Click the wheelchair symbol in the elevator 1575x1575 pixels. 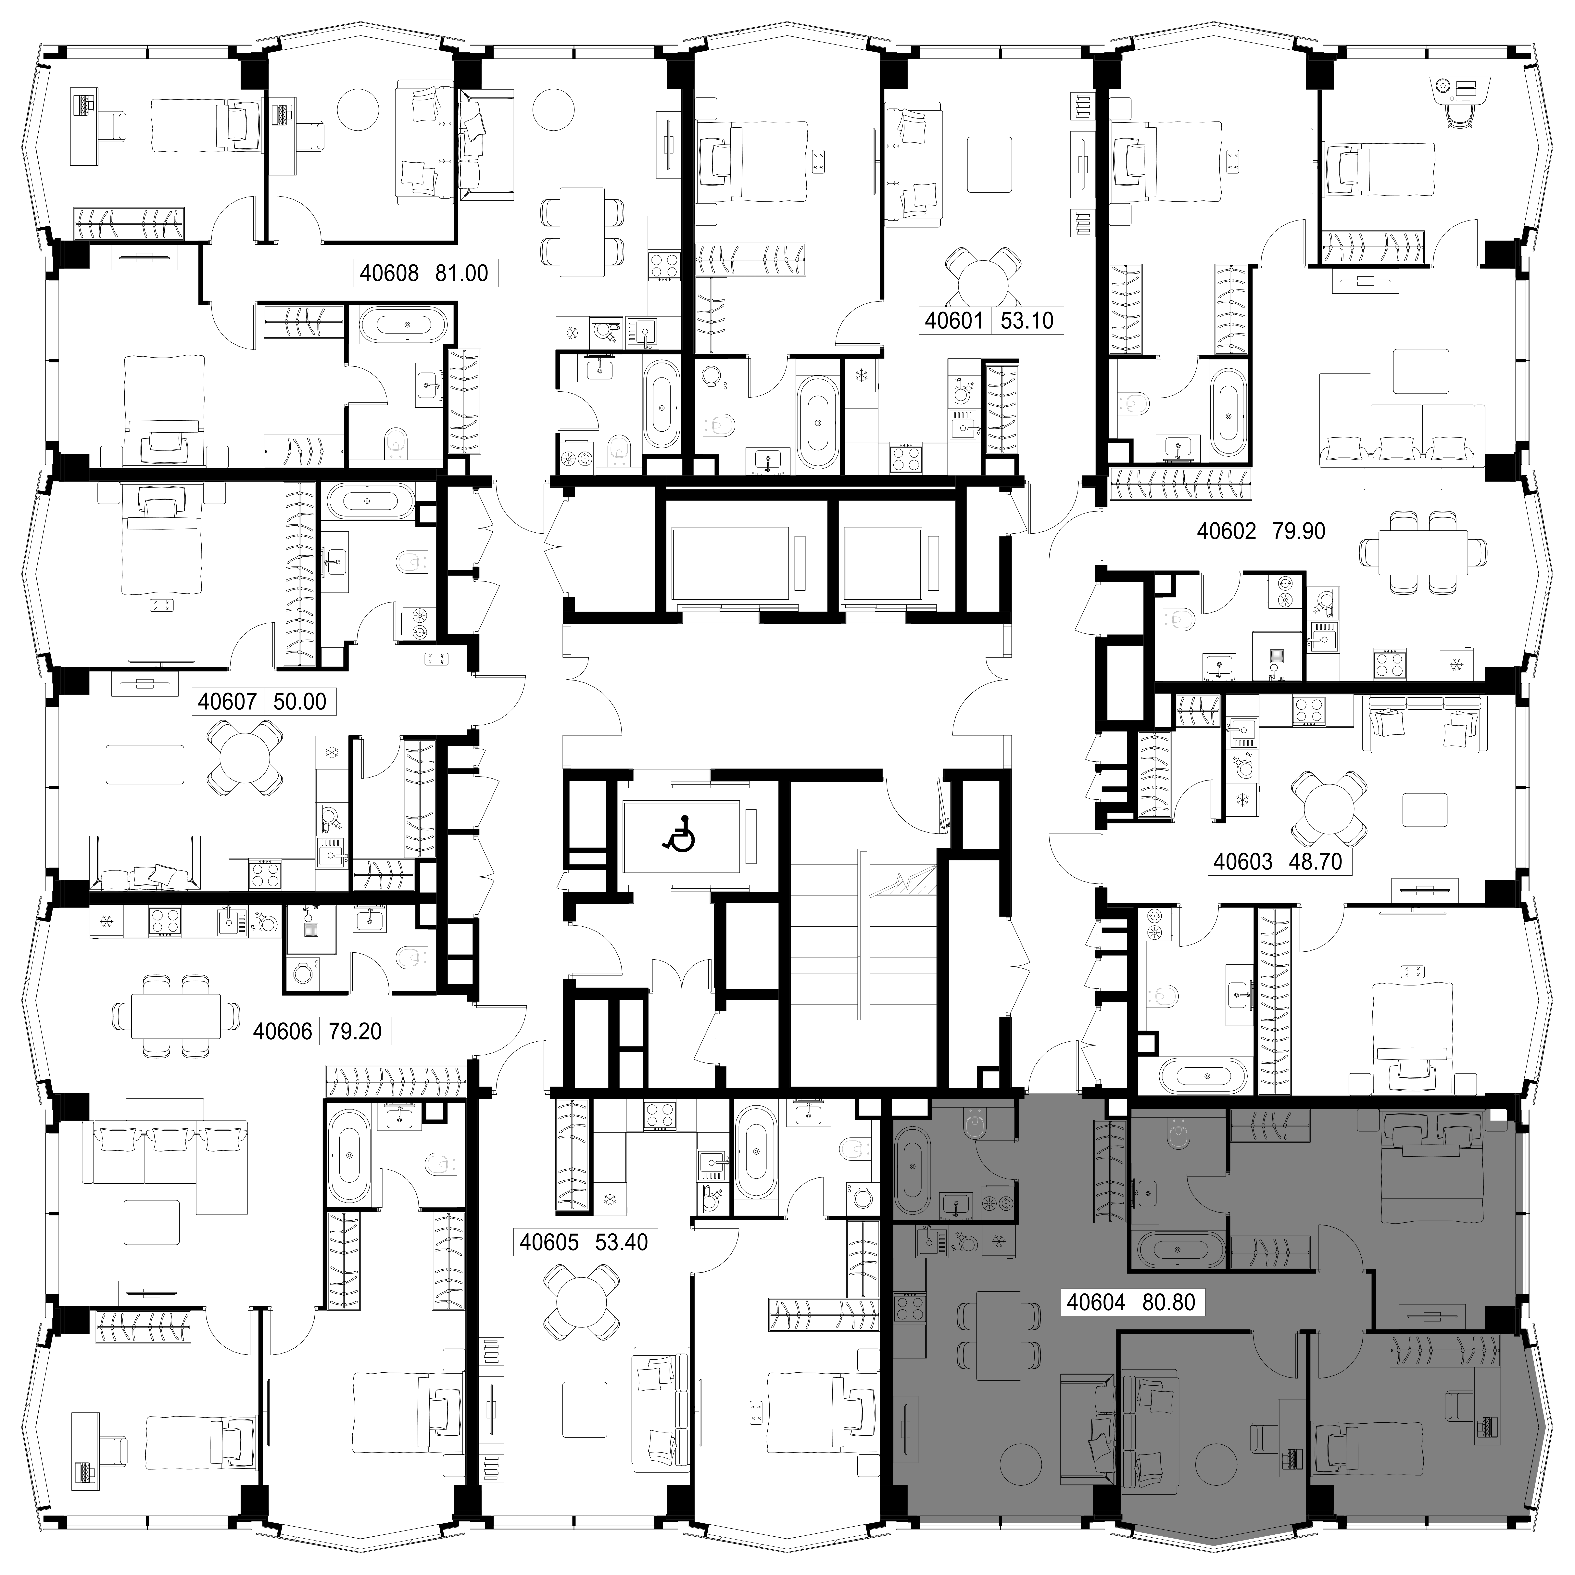[678, 834]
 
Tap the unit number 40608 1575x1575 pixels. [389, 272]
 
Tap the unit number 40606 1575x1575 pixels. [283, 1031]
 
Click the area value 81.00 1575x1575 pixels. [461, 272]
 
